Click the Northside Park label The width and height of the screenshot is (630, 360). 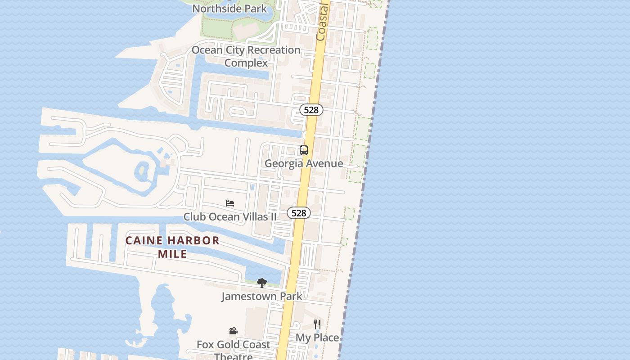229,9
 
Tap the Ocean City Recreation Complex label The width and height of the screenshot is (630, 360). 246,56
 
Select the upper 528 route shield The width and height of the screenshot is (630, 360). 311,110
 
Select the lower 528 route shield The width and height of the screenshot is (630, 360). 299,213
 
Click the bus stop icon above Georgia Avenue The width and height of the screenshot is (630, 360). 304,150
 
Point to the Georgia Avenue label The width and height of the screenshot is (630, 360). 304,163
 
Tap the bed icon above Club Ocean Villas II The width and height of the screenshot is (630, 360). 230,203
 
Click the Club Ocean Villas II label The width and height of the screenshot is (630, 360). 230,217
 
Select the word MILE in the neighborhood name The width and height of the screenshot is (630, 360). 172,254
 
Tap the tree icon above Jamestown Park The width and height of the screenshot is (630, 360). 261,283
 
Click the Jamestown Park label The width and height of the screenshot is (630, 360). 261,296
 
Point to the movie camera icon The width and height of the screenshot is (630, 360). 233,331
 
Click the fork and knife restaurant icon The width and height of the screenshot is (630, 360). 317,324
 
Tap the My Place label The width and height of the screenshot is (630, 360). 317,337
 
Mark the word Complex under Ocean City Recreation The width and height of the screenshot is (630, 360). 246,63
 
